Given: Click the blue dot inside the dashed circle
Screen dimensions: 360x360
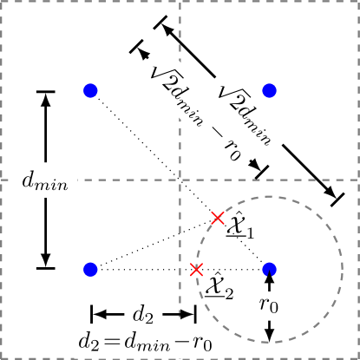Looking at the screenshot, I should coord(269,269).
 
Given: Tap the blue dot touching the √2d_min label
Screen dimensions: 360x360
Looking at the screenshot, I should coord(269,90).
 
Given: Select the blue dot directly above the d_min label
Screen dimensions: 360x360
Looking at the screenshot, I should coord(90,90).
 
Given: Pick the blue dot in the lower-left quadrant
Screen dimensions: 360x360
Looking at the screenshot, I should coord(90,269).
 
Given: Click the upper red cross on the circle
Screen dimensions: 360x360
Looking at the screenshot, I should coord(218,218).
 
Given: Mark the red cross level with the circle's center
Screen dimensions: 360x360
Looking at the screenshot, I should coord(197,270).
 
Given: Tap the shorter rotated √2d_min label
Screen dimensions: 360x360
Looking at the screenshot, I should coord(255,110).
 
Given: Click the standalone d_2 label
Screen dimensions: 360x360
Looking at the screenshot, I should coord(141,311).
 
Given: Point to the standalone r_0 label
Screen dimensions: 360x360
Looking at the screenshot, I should coord(270,304).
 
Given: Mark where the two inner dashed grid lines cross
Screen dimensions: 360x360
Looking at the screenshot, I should coord(180,180).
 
